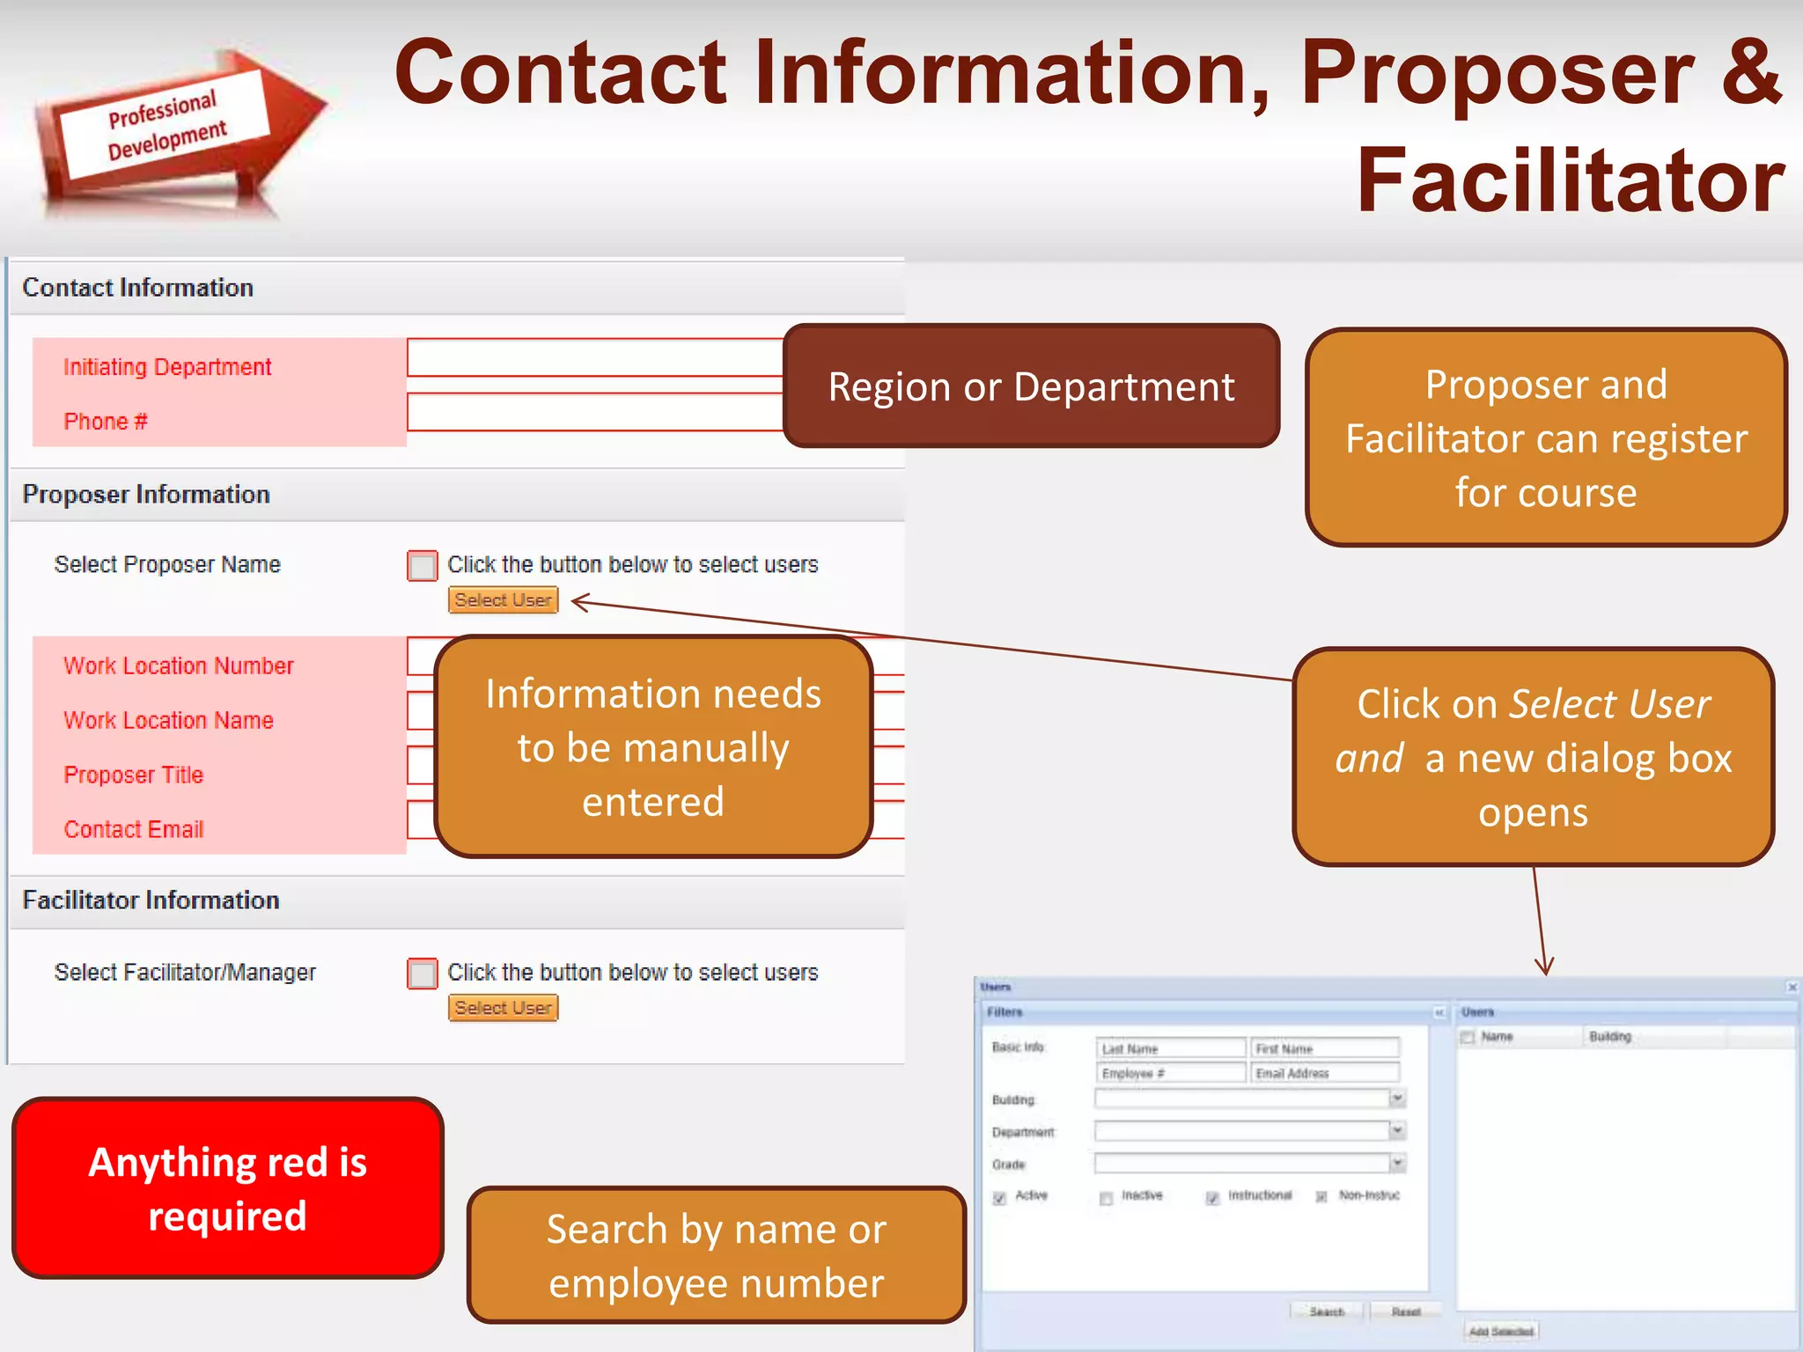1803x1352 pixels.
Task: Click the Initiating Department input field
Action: (x=594, y=357)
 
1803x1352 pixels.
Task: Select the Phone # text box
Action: (x=594, y=412)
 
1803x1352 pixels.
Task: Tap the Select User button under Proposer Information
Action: (x=503, y=600)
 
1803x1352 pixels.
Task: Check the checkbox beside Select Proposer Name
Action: (x=423, y=565)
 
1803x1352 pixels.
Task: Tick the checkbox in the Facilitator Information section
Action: (x=423, y=974)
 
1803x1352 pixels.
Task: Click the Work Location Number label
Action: (x=178, y=665)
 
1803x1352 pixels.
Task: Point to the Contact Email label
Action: (x=134, y=829)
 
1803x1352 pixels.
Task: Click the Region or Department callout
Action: (x=1030, y=386)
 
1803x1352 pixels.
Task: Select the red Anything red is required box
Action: (x=227, y=1188)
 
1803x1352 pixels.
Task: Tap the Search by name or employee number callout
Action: (x=716, y=1255)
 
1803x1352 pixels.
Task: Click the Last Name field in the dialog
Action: (x=1171, y=1048)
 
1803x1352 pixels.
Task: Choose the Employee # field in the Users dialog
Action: (x=1171, y=1073)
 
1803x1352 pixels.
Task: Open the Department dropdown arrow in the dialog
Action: (x=1397, y=1130)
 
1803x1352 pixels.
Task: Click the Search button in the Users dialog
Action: (x=1327, y=1312)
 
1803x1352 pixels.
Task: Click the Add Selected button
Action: (x=1501, y=1331)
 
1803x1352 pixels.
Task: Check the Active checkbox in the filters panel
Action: (x=1000, y=1198)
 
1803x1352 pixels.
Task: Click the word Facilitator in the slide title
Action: (x=1570, y=180)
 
